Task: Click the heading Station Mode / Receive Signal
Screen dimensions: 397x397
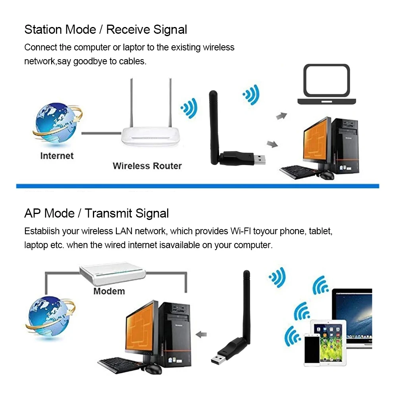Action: click(106, 29)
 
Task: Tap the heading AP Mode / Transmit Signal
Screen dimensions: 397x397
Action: click(96, 213)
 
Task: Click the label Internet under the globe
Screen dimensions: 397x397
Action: click(57, 156)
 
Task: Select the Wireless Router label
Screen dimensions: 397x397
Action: click(147, 166)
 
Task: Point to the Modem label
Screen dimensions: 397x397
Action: click(109, 291)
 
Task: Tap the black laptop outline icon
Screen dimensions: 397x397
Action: click(327, 85)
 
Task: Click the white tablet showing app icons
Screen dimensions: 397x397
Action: click(328, 339)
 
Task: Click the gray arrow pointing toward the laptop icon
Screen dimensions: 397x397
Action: click(281, 116)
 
